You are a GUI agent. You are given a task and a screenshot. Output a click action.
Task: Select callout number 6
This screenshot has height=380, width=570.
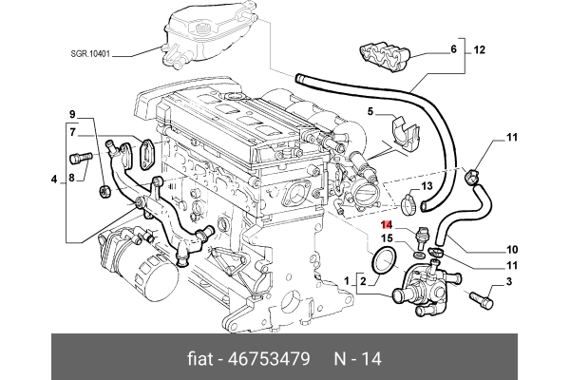click(453, 48)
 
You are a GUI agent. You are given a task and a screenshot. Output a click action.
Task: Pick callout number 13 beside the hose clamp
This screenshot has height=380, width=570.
click(427, 185)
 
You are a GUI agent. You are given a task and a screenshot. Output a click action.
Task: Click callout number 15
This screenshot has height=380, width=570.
click(387, 237)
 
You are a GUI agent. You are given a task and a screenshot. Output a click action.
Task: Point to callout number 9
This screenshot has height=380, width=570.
click(70, 114)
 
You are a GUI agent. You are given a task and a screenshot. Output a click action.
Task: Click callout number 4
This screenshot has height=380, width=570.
click(53, 179)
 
